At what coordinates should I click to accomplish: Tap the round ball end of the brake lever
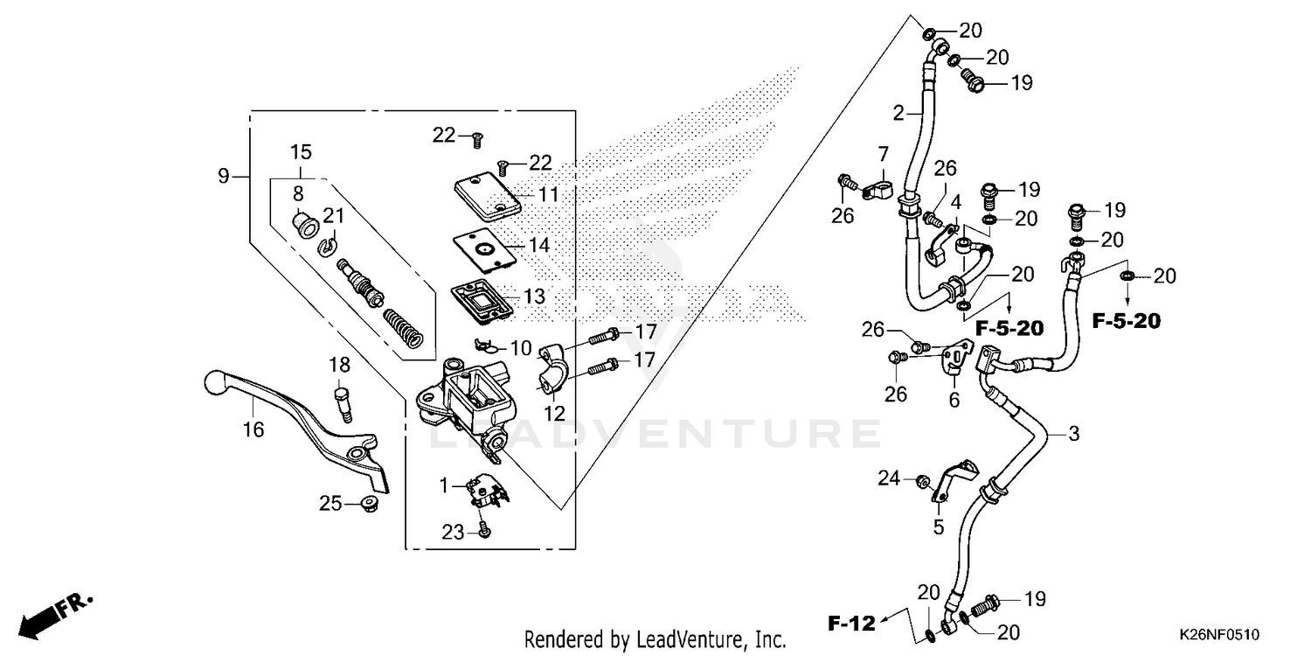click(214, 381)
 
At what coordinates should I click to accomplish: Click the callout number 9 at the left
click(224, 177)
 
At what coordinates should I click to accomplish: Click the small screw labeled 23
click(484, 531)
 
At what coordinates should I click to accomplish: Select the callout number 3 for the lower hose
click(1074, 434)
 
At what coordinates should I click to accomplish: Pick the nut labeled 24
click(920, 480)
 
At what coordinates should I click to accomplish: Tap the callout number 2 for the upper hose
click(897, 112)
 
